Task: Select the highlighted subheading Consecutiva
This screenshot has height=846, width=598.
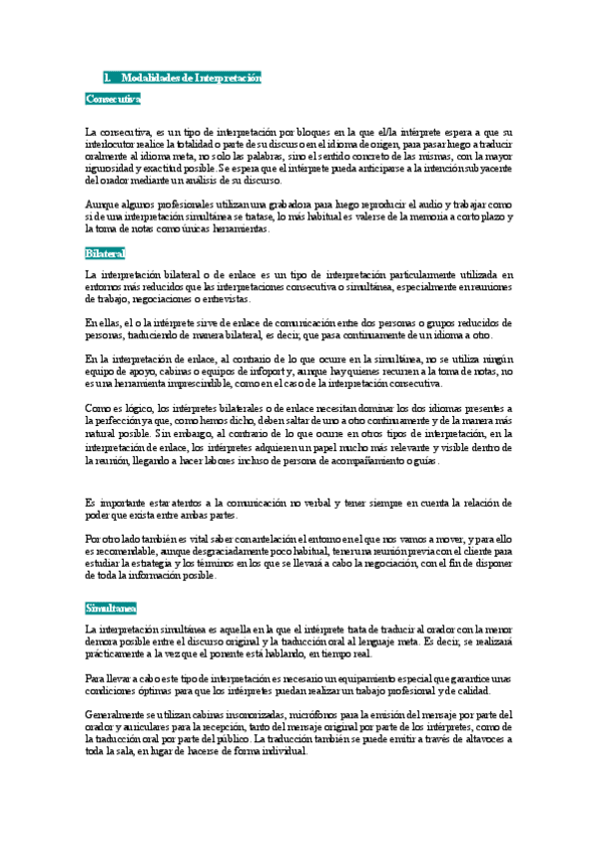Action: [x=113, y=99]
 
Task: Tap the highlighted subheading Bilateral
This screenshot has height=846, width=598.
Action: [x=105, y=254]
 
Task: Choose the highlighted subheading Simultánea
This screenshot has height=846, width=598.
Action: [x=111, y=607]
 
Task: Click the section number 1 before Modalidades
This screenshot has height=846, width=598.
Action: [x=106, y=78]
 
